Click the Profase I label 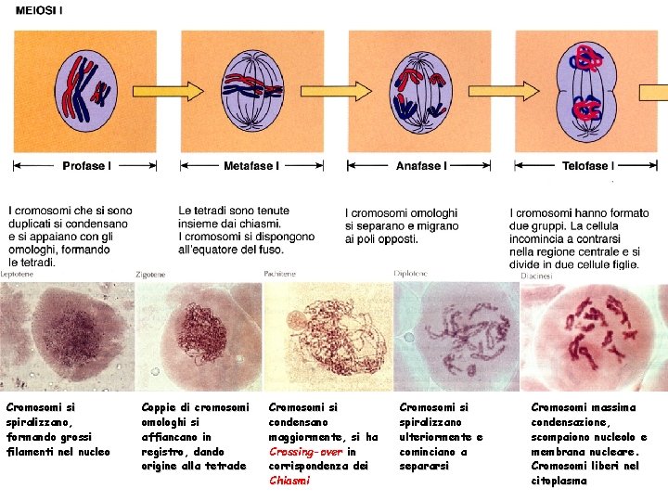[86, 166]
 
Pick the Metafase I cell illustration [253, 90]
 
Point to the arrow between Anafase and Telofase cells [507, 90]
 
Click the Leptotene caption [20, 276]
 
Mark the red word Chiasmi [286, 481]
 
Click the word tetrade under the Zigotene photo [227, 467]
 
